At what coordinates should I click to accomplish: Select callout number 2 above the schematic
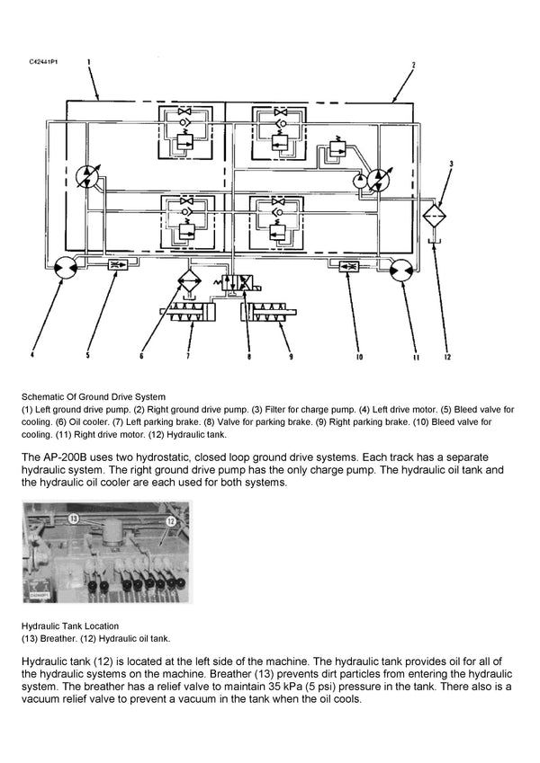click(x=412, y=65)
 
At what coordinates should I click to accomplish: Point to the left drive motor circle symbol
click(x=64, y=266)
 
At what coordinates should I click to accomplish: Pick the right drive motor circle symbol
click(x=402, y=267)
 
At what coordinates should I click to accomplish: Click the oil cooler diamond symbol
click(x=189, y=281)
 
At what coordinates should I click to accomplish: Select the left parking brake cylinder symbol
click(x=187, y=314)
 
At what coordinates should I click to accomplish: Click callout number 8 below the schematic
click(x=247, y=356)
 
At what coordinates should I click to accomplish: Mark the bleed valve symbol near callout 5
click(x=116, y=265)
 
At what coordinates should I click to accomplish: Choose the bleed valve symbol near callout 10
click(x=349, y=265)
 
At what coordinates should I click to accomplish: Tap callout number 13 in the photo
click(x=75, y=519)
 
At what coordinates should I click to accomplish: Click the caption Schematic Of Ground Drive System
click(x=94, y=395)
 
